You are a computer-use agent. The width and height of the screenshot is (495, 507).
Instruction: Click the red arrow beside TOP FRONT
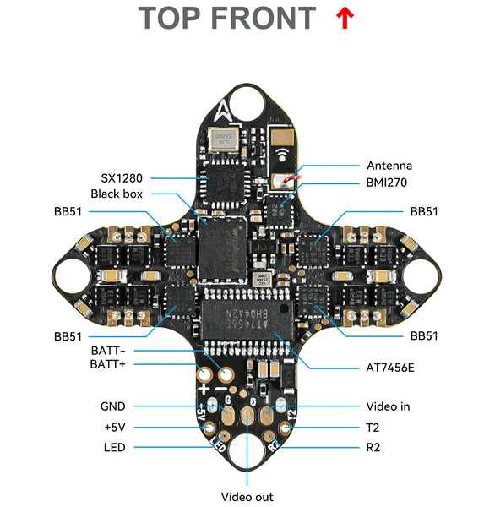click(344, 18)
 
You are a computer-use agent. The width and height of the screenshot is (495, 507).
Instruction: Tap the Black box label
click(117, 194)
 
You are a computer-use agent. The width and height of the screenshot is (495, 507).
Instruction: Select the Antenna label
click(389, 166)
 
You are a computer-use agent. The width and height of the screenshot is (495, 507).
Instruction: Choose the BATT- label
click(107, 350)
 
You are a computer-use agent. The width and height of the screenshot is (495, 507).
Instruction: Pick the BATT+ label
click(107, 364)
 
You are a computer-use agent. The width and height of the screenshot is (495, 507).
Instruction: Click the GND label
click(113, 406)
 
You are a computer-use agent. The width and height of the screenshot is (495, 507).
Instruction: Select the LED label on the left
click(115, 447)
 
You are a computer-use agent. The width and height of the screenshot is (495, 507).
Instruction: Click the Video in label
click(388, 406)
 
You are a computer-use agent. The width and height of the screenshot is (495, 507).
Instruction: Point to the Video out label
click(247, 497)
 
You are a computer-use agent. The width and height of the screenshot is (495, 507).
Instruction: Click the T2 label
click(373, 427)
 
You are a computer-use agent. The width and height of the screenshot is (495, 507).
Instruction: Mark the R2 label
click(373, 447)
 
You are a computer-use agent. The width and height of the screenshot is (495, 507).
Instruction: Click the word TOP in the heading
click(175, 18)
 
